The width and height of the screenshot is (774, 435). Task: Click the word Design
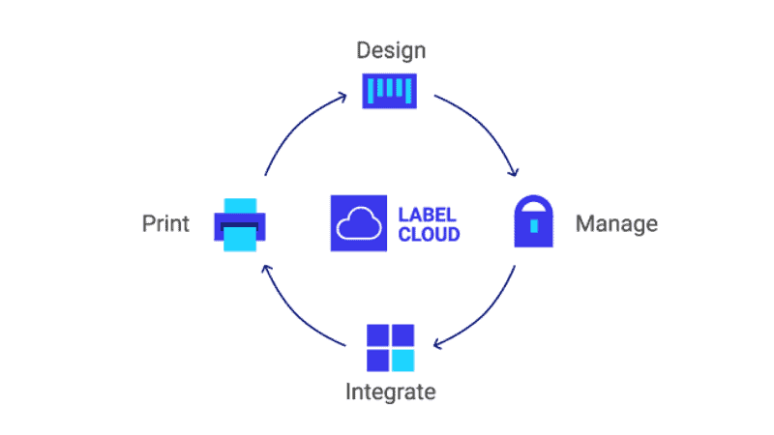pos(391,51)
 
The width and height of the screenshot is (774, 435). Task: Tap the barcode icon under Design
pos(390,91)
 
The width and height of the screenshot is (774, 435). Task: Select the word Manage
pos(616,224)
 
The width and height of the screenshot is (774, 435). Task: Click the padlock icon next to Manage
pos(534,221)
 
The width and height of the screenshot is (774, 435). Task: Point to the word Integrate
pos(391,392)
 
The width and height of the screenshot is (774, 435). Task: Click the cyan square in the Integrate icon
pos(403,361)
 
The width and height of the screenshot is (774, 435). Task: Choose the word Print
pos(165,223)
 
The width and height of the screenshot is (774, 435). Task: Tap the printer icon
pos(240,225)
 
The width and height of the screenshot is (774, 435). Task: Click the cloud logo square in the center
pos(359,223)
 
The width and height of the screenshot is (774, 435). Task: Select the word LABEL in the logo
pos(427,215)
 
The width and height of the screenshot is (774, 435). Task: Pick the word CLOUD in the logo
pos(429,234)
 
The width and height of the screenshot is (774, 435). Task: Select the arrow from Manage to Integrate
pos(485,318)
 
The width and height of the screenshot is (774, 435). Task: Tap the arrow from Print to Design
pos(296,125)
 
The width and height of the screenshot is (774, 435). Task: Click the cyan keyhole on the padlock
pos(534,226)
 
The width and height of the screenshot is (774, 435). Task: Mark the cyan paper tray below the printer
pos(240,240)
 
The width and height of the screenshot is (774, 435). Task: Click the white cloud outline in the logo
pos(359,224)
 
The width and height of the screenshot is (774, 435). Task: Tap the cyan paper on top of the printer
pos(240,206)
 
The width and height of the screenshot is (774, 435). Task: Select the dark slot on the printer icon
pos(239,226)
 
